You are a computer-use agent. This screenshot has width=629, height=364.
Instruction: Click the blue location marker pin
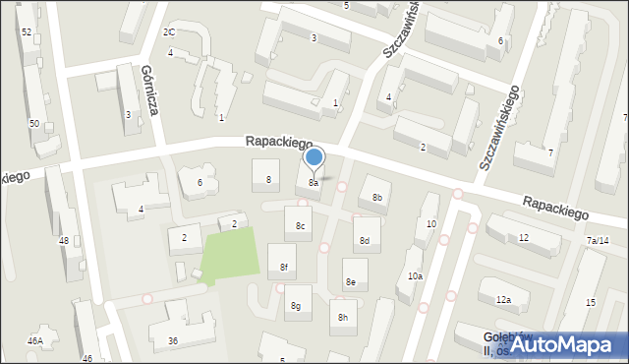coord(314,157)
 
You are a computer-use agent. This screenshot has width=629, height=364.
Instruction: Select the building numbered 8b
coord(376,198)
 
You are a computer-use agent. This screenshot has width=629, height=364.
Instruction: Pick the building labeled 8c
coord(301,227)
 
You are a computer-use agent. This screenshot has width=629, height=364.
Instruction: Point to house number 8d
coord(365,240)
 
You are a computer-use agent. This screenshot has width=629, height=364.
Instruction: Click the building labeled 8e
coord(350,281)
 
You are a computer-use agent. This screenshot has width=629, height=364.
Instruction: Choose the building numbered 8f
coord(284,267)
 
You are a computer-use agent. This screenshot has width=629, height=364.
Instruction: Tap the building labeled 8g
coord(295,306)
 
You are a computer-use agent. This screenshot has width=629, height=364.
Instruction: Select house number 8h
coord(343,317)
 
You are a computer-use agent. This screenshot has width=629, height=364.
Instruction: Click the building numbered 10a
coord(416,276)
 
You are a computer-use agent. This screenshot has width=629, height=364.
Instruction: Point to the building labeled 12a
coord(503,299)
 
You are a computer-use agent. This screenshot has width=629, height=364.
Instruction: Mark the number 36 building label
coord(173,340)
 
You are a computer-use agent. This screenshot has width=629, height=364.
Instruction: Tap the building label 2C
coord(169,32)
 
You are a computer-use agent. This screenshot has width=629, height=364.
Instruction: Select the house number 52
coord(26,32)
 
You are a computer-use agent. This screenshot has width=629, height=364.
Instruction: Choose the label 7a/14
coord(599,241)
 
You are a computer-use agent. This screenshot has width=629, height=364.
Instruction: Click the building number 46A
coord(35,340)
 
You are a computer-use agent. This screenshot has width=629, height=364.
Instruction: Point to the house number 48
coord(64,240)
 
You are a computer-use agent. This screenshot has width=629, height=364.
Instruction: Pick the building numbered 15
coord(590,302)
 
